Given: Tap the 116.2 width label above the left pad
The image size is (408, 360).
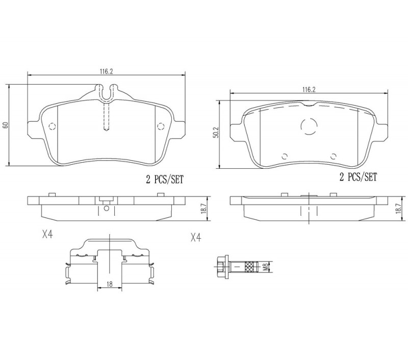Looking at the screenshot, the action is pos(107,71).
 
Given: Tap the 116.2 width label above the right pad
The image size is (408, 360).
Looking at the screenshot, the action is pos(309,89).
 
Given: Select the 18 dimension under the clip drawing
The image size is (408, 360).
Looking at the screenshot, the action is pos(110,285).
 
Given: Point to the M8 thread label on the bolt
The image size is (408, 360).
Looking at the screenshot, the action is pos(265,267).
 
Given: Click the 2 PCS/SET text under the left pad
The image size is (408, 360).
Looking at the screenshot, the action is pos(164,179).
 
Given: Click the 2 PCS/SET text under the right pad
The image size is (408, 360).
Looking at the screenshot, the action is pos(358,177).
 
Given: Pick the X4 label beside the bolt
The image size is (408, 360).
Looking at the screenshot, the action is pos(196,238).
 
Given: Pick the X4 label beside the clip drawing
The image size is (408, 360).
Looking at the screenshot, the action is pos(47,235).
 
